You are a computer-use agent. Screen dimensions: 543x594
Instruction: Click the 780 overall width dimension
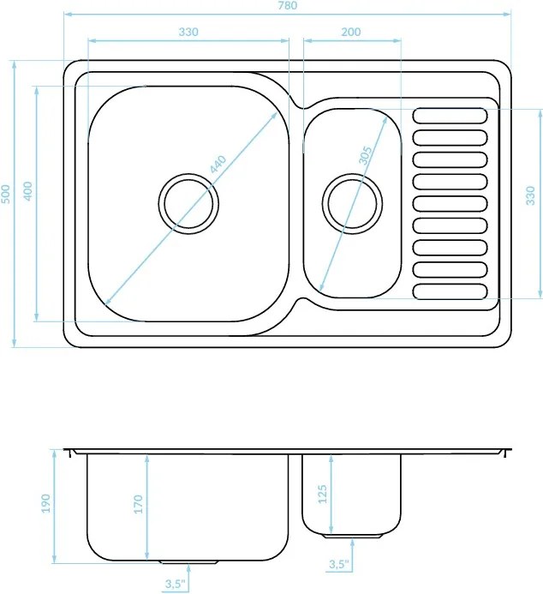(289, 5)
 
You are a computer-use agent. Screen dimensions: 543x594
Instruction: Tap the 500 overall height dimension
(7, 194)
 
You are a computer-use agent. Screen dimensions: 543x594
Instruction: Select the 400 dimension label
(28, 191)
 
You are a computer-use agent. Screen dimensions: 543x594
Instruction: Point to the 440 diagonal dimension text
(218, 165)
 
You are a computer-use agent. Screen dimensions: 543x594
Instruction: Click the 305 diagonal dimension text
(365, 155)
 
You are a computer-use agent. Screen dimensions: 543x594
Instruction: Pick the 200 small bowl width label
(351, 32)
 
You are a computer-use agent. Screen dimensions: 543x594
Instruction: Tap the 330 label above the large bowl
(188, 32)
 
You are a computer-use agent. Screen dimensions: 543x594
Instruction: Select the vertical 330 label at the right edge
(531, 195)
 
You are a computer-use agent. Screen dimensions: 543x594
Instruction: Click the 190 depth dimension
(46, 503)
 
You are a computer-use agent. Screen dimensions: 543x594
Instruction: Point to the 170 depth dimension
(139, 504)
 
